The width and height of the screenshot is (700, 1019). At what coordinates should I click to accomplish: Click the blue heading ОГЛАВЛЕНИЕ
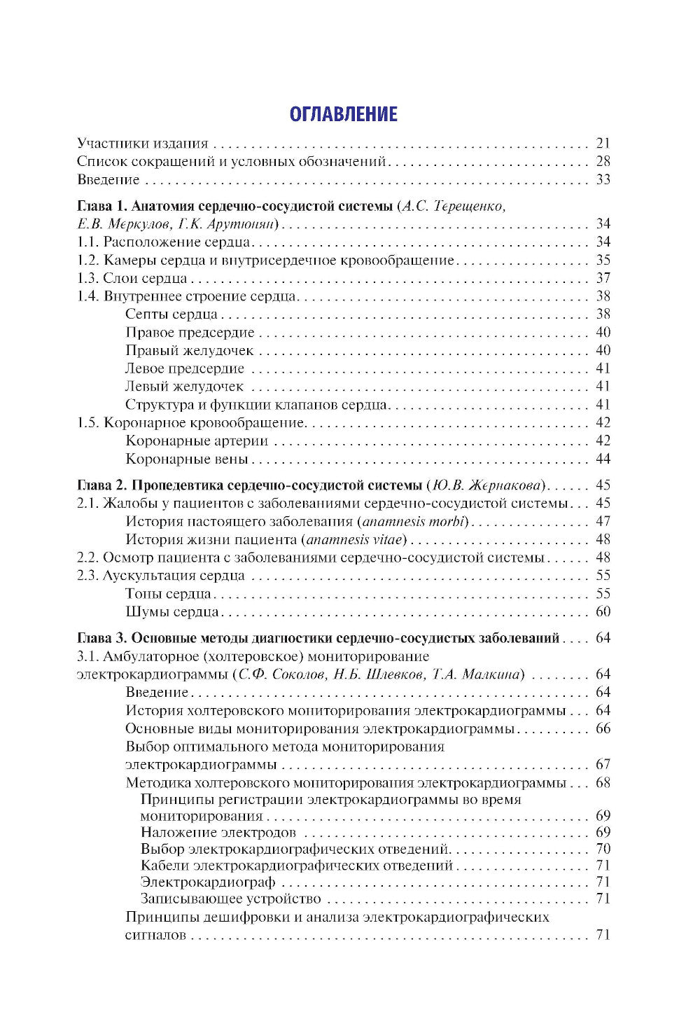click(344, 115)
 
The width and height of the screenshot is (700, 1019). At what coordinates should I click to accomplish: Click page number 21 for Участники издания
click(603, 144)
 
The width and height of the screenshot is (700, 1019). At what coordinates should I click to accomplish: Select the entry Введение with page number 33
click(108, 180)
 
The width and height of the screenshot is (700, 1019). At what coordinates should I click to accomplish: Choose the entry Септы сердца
click(171, 314)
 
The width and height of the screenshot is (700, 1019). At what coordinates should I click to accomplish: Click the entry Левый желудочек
click(184, 387)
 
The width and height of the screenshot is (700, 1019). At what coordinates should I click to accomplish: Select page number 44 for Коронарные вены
click(603, 459)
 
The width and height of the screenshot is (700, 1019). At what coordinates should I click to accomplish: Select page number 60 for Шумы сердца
click(603, 612)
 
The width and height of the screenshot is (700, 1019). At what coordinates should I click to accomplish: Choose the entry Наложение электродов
click(218, 833)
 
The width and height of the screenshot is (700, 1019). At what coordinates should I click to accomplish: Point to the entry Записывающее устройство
click(230, 899)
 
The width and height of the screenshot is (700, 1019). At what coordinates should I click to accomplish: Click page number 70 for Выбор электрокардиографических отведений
click(603, 850)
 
